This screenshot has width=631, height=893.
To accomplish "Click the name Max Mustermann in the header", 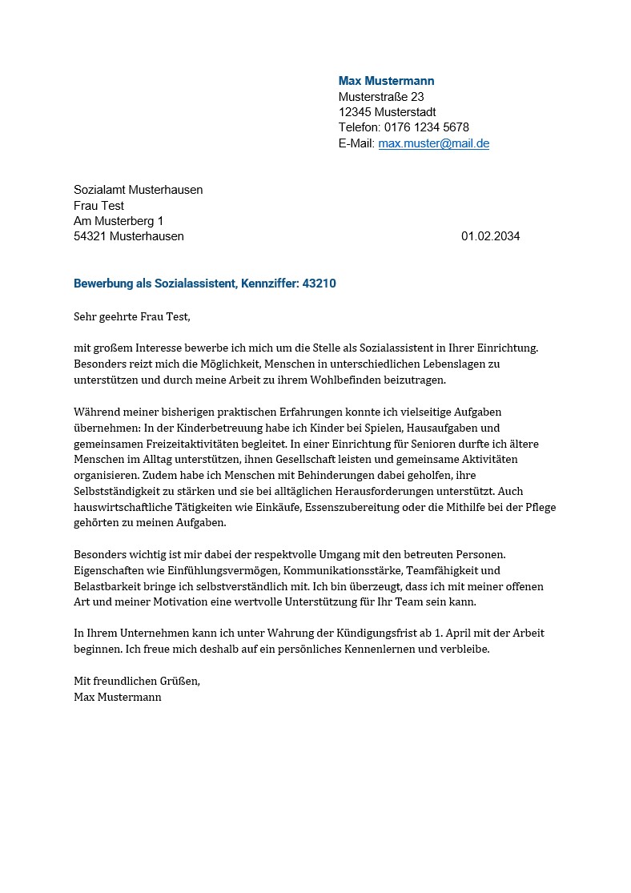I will click(x=386, y=81).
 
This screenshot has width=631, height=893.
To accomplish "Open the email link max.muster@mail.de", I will click(x=433, y=143).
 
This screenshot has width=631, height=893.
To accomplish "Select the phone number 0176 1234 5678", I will click(x=427, y=127).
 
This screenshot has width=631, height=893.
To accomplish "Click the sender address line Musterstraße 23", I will click(x=381, y=97).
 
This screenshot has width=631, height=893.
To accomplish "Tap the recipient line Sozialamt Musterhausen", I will click(x=138, y=190).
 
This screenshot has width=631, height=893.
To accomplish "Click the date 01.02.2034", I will click(x=490, y=236).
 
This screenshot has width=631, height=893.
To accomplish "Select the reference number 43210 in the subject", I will click(x=320, y=284).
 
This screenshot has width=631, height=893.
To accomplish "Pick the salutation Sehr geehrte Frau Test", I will click(x=132, y=316).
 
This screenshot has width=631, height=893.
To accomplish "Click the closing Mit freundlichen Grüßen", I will click(x=136, y=681).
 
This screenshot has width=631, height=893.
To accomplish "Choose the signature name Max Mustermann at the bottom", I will click(x=117, y=697).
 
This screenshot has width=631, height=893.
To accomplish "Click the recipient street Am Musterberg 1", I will click(x=118, y=221).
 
